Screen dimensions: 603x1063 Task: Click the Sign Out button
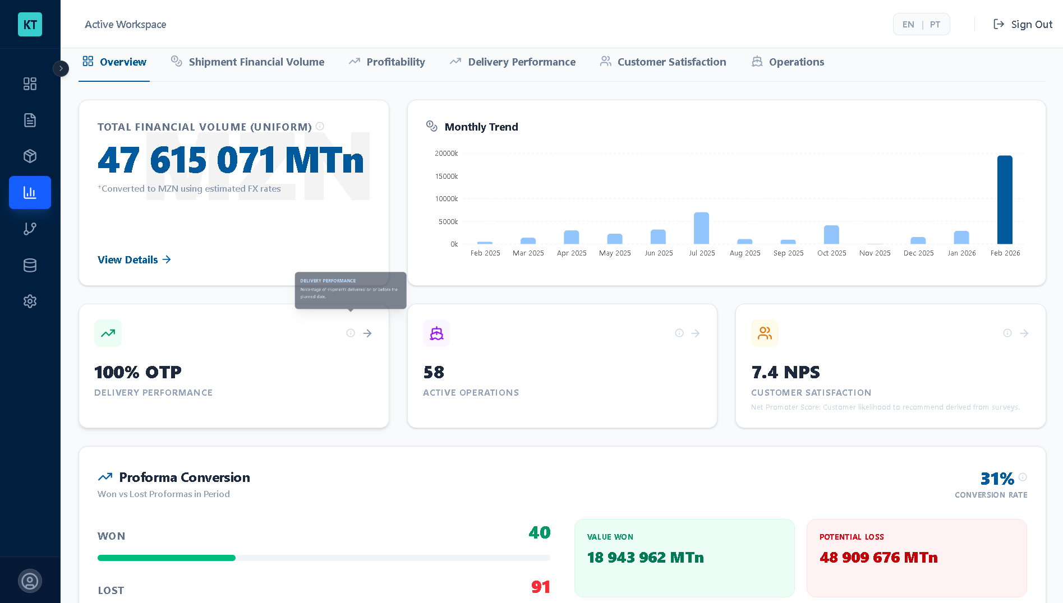coord(1023,24)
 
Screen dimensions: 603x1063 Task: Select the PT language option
coord(935,24)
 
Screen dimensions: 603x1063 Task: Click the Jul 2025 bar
coord(701,228)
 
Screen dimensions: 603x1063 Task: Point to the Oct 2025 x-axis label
coord(831,253)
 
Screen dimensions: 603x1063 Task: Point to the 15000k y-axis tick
coord(447,176)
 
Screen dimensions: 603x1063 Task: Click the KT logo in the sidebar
coord(30,24)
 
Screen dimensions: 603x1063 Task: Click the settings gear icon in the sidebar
coord(30,301)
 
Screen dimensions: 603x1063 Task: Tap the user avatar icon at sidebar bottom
coord(30,581)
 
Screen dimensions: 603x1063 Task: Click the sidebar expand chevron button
coord(61,68)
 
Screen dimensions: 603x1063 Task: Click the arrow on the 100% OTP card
coord(367,333)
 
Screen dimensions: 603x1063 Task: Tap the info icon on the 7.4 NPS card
coord(1007,333)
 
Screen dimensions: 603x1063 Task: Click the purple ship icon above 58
coord(436,333)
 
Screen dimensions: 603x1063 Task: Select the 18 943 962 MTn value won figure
coord(645,557)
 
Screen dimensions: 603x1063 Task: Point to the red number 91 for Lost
coord(541,587)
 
